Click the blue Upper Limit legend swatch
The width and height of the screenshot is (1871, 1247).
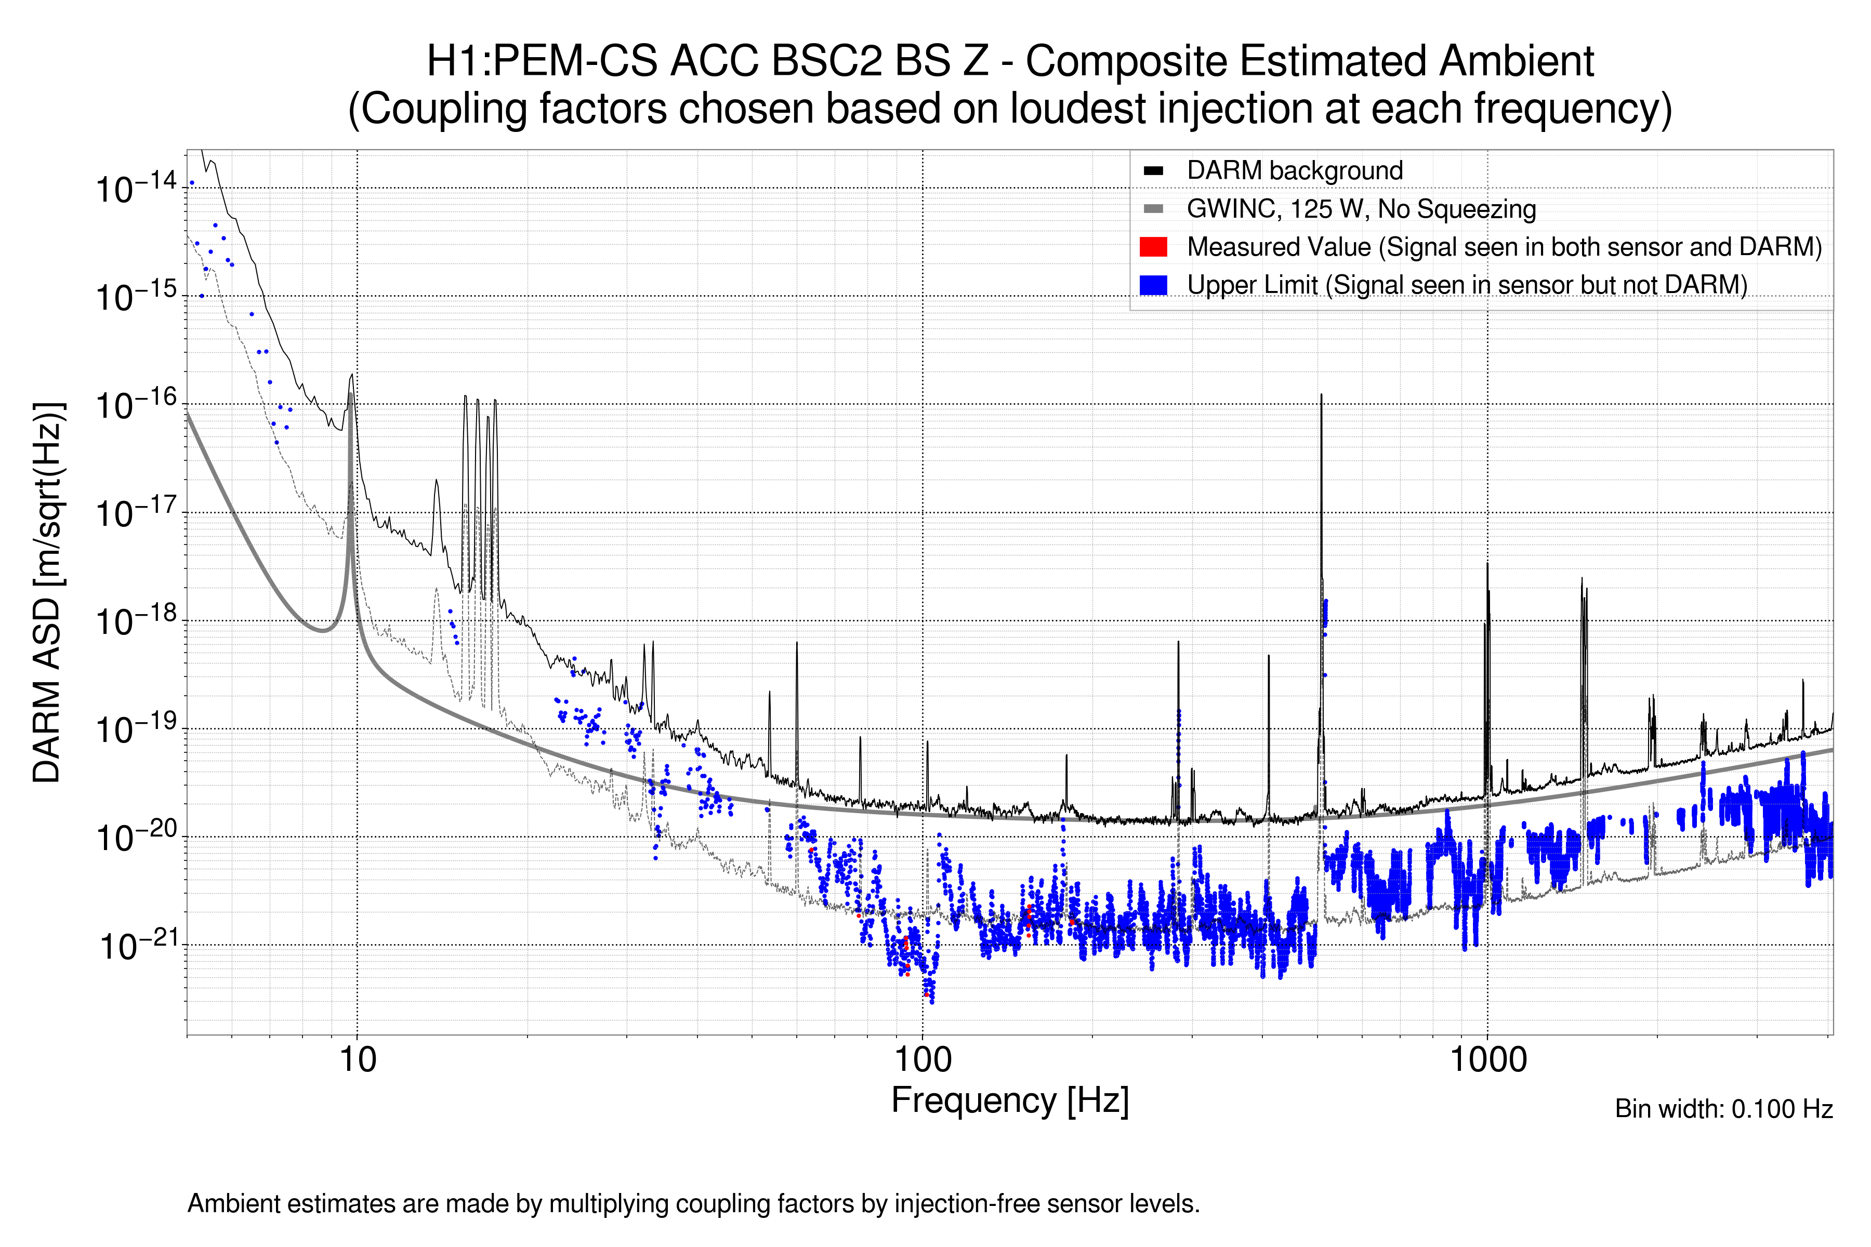[1153, 285]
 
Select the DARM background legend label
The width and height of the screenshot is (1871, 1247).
[1294, 171]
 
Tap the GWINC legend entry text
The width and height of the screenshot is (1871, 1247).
[1360, 209]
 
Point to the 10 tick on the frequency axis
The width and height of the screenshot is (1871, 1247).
[357, 1060]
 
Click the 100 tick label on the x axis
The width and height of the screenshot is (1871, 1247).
[923, 1060]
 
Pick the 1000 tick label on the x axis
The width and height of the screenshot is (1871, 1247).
[1487, 1060]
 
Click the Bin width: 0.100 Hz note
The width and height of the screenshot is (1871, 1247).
[1723, 1109]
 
